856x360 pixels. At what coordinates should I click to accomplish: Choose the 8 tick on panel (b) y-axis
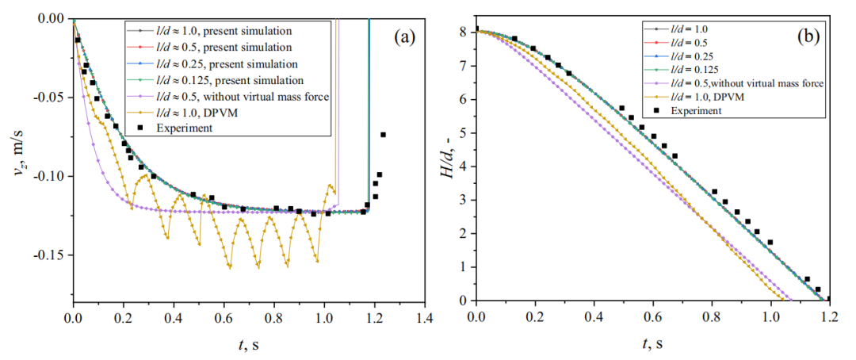[464, 31]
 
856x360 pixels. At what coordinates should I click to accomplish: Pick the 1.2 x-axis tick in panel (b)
[829, 320]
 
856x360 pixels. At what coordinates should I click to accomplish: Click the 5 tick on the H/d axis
[464, 132]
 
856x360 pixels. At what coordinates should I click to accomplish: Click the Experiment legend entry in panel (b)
[695, 110]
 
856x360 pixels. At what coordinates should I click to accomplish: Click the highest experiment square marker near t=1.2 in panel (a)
[384, 135]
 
